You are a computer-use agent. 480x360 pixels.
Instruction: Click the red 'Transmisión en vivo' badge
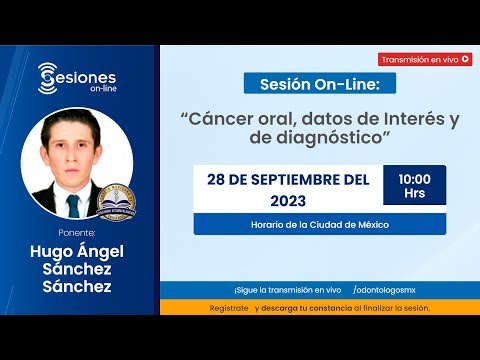click(x=424, y=59)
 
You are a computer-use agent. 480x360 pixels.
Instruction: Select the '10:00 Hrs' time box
click(x=414, y=185)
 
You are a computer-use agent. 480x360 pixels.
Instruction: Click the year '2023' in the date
click(x=286, y=200)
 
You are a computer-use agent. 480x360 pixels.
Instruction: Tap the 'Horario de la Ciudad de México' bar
click(x=320, y=224)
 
